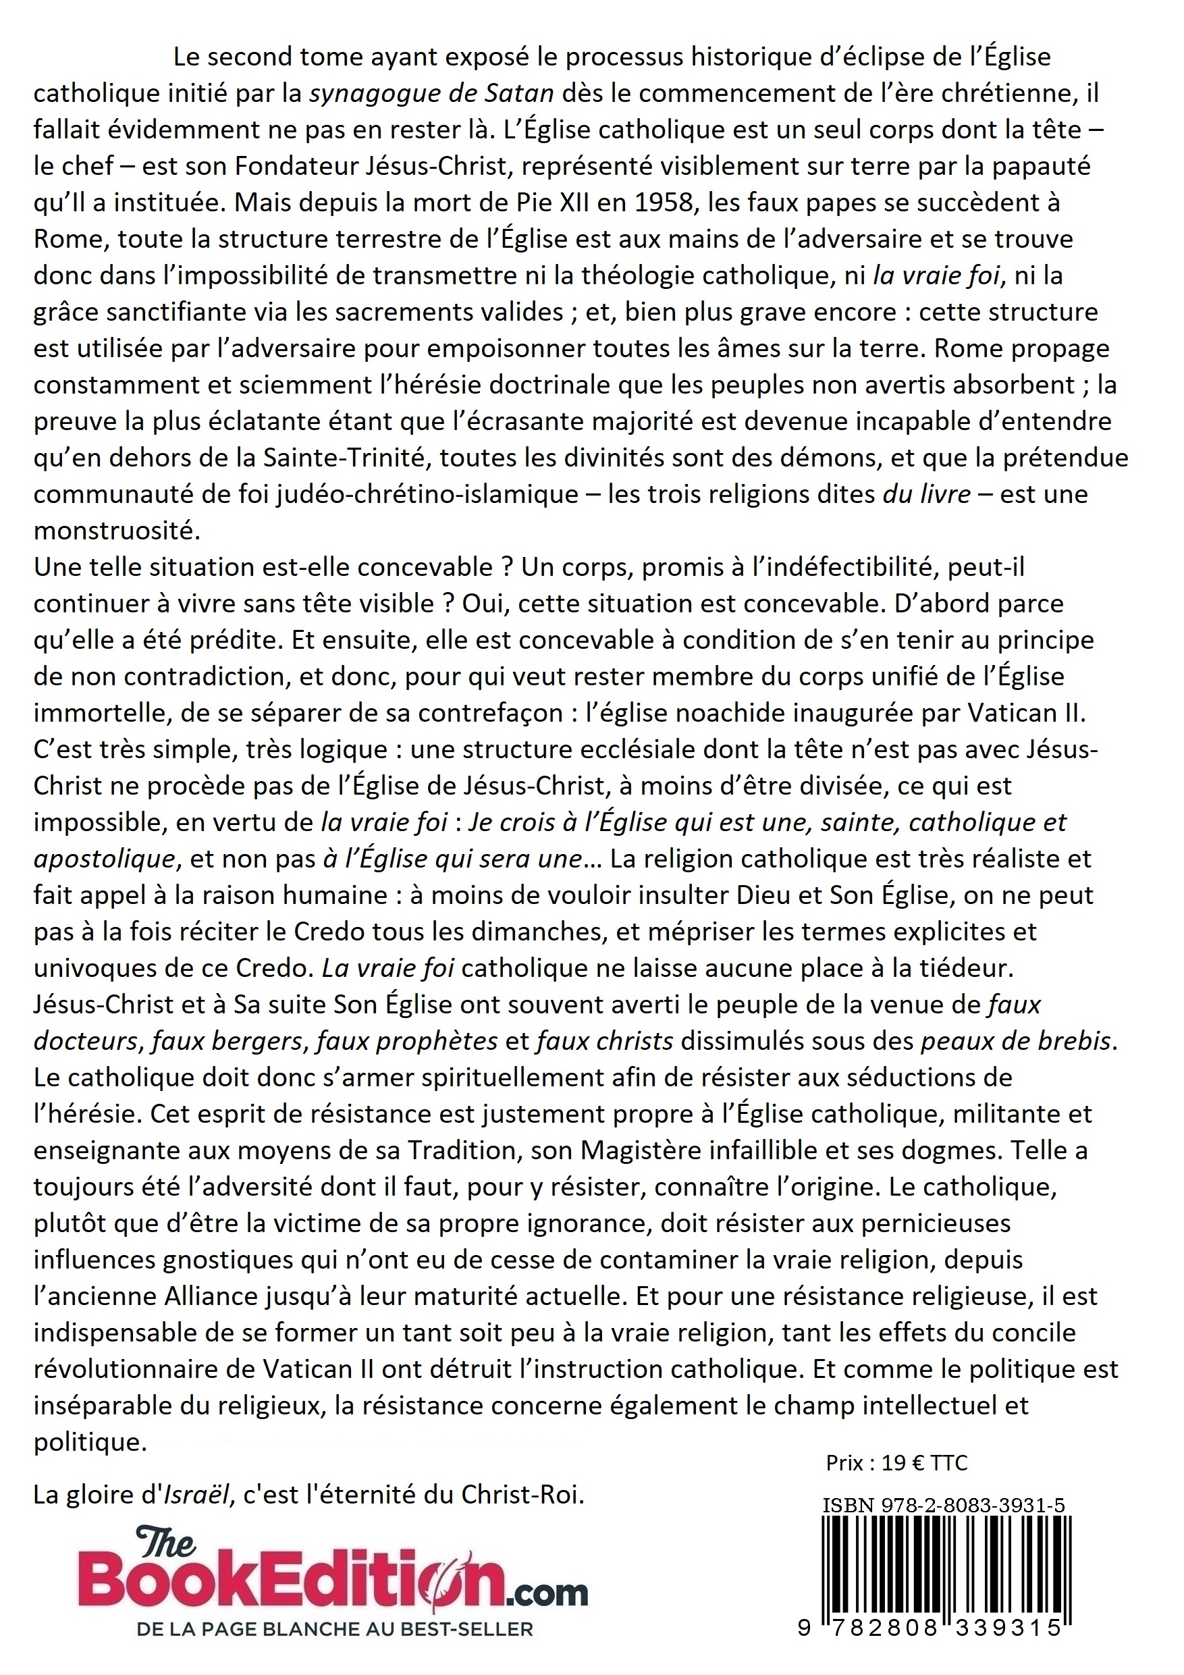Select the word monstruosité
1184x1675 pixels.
(117, 531)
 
